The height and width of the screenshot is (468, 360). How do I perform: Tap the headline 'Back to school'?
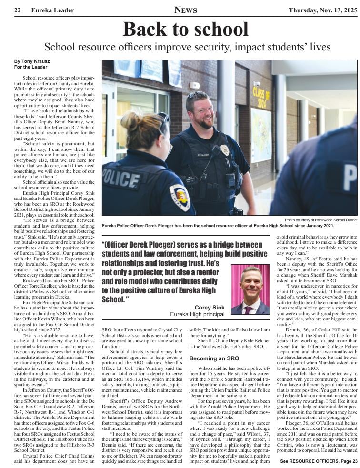point(185,29)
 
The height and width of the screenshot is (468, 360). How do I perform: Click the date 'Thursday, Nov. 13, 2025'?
point(322,10)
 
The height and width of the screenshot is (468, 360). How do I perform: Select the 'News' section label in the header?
point(185,10)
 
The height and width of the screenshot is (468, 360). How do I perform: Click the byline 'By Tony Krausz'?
point(31,61)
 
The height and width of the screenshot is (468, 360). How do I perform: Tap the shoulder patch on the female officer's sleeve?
point(180,197)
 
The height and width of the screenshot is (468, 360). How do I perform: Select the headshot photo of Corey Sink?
point(250,289)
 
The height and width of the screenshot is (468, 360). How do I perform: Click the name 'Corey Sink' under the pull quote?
point(209,308)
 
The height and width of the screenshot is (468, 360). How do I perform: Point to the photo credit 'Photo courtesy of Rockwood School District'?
point(321,220)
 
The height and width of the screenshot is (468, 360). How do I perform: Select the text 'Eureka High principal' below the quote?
point(197,314)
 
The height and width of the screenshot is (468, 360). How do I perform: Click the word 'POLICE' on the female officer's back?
point(120,179)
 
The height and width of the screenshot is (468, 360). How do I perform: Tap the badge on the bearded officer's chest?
point(225,150)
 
